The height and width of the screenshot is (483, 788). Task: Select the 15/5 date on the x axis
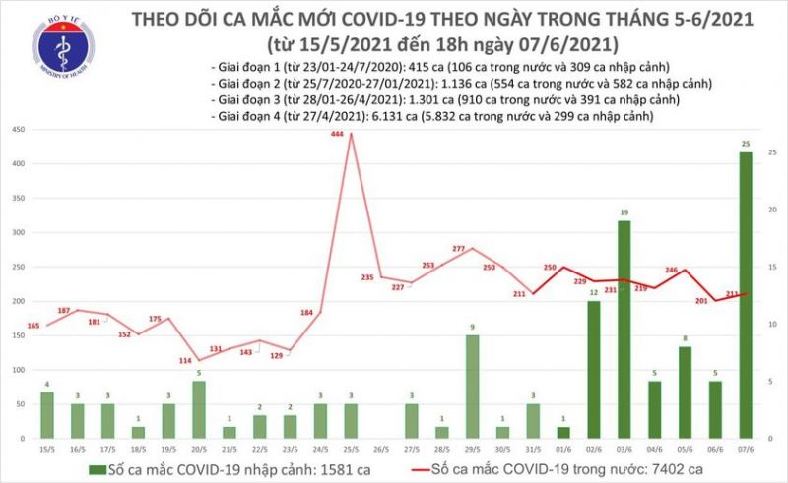47,451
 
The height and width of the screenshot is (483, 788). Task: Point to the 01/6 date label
562,451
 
